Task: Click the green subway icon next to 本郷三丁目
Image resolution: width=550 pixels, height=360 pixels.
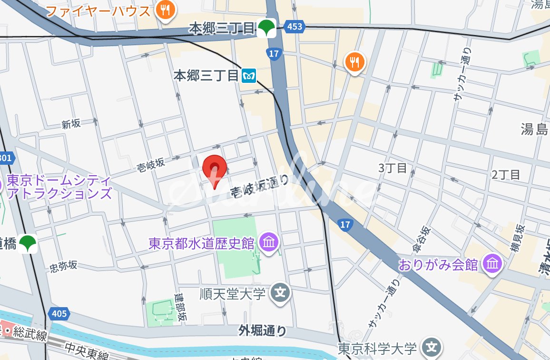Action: pyautogui.click(x=266, y=29)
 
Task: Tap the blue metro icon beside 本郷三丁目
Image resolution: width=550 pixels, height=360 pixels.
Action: pyautogui.click(x=249, y=75)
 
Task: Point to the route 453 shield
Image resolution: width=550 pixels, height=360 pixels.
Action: pyautogui.click(x=295, y=27)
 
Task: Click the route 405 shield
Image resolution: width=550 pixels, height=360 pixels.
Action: pyautogui.click(x=59, y=314)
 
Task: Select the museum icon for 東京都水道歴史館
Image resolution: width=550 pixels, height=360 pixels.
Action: pyautogui.click(x=269, y=243)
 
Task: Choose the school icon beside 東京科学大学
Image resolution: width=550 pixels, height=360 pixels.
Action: pyautogui.click(x=432, y=348)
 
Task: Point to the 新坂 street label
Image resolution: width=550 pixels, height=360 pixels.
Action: pyautogui.click(x=71, y=124)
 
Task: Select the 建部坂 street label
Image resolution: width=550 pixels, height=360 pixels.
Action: pyautogui.click(x=181, y=307)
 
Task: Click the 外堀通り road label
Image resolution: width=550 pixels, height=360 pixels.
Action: pyautogui.click(x=263, y=330)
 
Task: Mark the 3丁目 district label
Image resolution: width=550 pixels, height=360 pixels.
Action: pyautogui.click(x=393, y=168)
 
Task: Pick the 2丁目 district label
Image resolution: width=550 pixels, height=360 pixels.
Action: pyautogui.click(x=506, y=174)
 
